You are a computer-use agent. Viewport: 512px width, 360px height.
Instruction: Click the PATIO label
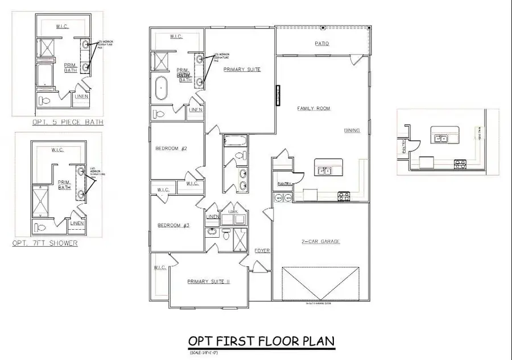coord(322,43)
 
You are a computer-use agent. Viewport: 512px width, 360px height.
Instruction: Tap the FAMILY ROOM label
coord(314,109)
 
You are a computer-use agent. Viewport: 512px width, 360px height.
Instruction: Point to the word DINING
coord(352,130)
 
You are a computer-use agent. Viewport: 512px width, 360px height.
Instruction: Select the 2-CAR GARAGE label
coord(320,241)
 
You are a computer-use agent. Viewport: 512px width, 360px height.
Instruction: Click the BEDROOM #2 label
coord(171,149)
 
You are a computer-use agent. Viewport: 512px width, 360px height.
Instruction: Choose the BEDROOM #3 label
coord(173,226)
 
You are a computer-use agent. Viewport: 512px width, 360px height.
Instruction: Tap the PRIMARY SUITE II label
coord(200,281)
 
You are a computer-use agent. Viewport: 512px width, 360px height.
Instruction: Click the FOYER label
coord(262,250)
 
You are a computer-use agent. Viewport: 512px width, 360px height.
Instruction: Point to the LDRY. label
coord(233,212)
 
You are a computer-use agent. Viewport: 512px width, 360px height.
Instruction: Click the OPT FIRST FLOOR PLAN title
coord(261,341)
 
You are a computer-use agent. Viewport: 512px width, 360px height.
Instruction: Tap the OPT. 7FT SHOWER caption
coord(45,243)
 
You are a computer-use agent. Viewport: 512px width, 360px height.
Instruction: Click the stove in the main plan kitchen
coord(344,197)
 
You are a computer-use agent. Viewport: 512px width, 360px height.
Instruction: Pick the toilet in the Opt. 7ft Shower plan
coord(40,228)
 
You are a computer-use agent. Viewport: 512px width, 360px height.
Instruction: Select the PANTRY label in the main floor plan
coord(284,184)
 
